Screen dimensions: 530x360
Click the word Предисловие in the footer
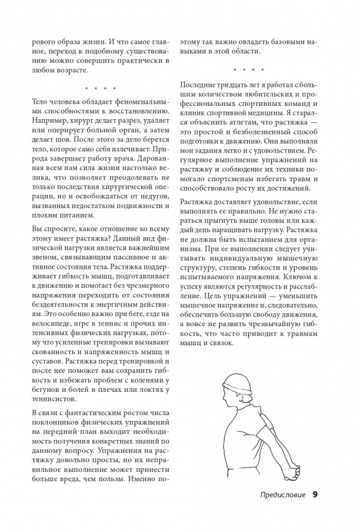click(283, 495)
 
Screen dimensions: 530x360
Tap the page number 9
click(315, 495)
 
